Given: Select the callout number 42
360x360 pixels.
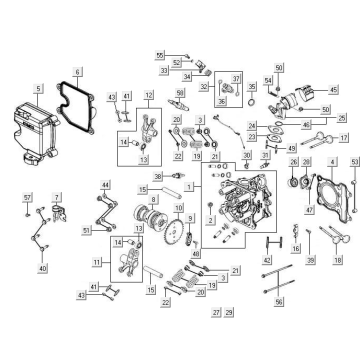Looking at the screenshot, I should point(240,261).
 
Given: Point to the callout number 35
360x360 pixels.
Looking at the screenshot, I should point(314,129).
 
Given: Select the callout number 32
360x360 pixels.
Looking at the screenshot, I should point(203,87).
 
